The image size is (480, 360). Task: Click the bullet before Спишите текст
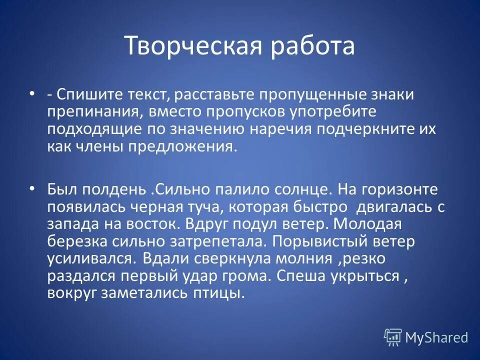coord(32,94)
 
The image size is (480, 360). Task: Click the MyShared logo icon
coord(393,337)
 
